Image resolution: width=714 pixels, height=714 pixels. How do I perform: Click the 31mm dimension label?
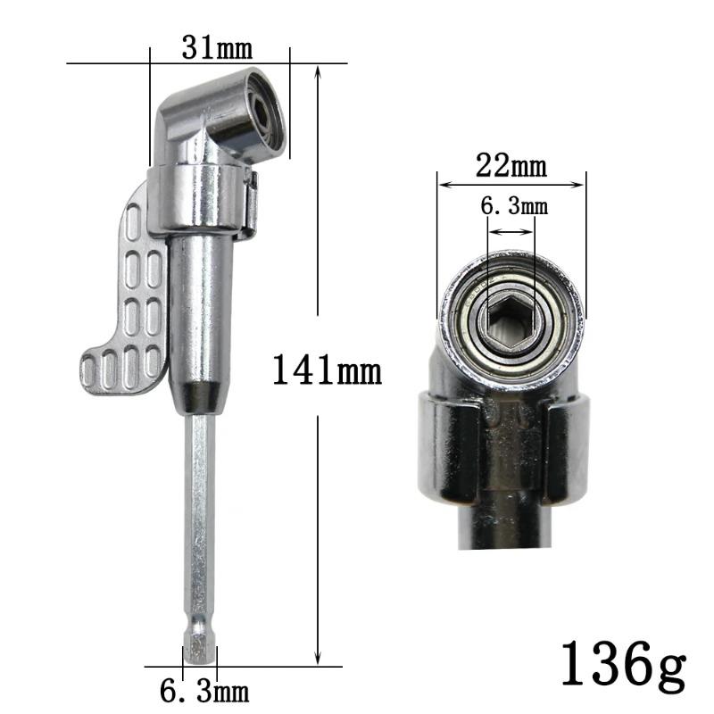tap(217, 46)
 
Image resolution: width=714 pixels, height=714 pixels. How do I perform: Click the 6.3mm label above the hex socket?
tap(513, 207)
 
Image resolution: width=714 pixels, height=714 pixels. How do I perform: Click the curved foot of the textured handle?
tap(116, 365)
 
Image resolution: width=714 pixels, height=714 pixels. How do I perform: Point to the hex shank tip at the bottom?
tap(199, 650)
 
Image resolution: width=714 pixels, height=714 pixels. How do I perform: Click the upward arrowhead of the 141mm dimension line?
tap(319, 71)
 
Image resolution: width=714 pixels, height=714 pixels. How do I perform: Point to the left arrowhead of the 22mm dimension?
tap(442, 186)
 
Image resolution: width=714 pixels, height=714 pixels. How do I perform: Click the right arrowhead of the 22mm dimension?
tap(583, 186)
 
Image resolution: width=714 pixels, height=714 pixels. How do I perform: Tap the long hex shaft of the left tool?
tap(199, 518)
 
